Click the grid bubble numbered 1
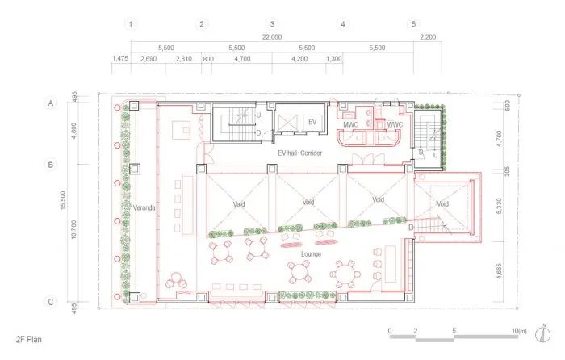pos(132,23)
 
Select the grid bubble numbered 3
pos(273,23)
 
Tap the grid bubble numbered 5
pos(414,23)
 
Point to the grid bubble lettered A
pos(50,103)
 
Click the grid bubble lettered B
pos(50,165)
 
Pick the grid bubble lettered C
pos(50,302)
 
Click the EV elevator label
pos(313,121)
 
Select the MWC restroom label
pos(351,124)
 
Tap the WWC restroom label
pos(395,124)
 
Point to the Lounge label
pos(311,254)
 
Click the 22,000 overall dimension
pos(273,37)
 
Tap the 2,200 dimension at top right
pos(428,37)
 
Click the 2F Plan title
pos(28,341)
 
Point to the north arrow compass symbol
pos(549,331)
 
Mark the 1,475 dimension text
pos(121,59)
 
